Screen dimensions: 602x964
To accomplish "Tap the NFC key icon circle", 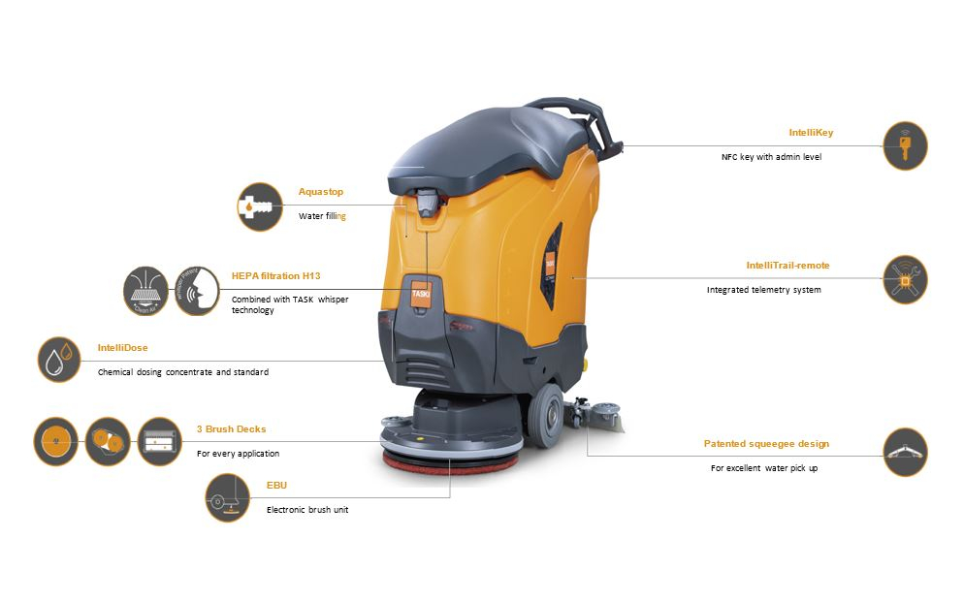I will click(905, 146).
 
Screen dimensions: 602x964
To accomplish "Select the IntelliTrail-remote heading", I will click(787, 265).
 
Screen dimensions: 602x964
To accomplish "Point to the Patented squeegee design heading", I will click(766, 444).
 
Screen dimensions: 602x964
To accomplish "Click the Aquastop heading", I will click(321, 192).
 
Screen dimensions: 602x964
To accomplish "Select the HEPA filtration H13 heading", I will click(274, 275).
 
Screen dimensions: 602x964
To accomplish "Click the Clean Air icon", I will click(146, 290).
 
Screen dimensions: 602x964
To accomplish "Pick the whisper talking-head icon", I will click(197, 290).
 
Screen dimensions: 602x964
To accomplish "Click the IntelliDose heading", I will click(122, 346).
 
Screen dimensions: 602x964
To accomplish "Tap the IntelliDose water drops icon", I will click(59, 360).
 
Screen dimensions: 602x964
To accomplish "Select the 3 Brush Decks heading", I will click(231, 428).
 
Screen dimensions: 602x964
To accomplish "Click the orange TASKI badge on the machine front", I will click(421, 296).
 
